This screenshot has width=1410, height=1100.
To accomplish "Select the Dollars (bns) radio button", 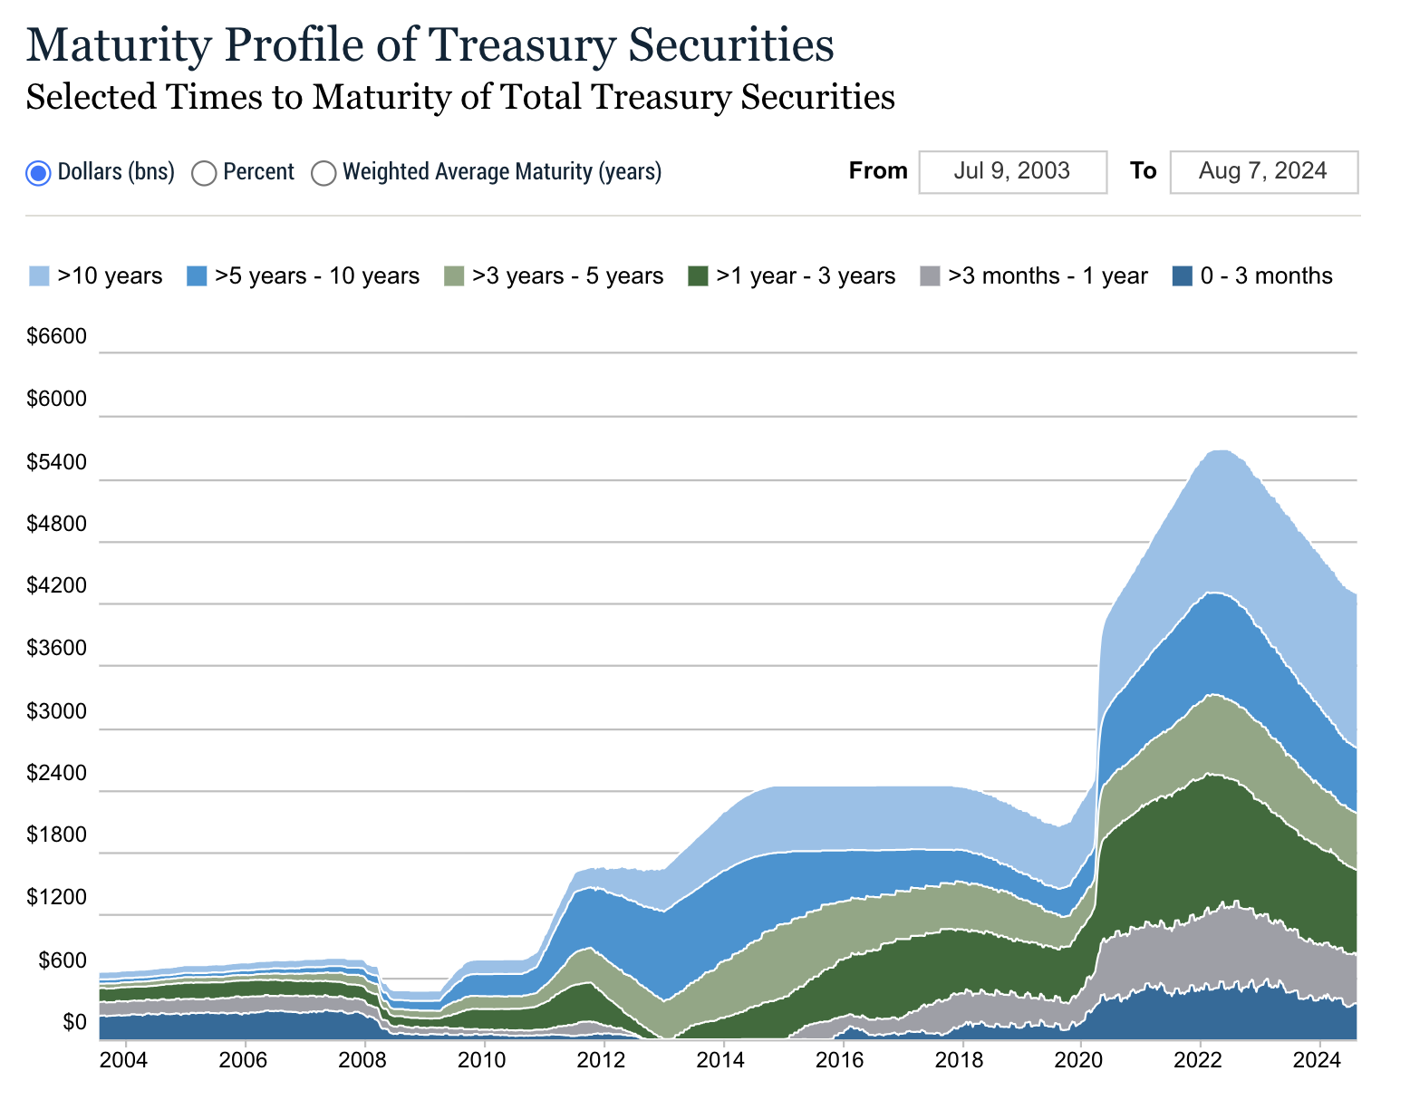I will (38, 172).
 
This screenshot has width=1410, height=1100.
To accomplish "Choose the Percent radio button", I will (205, 172).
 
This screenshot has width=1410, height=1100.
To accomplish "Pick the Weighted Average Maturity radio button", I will (324, 172).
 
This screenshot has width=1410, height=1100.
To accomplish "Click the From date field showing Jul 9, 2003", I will (1012, 171).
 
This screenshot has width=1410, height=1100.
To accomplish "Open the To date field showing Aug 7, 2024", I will (1263, 171).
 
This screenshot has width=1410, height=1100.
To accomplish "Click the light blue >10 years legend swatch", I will (39, 276).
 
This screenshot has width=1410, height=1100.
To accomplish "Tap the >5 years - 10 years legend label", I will (317, 276).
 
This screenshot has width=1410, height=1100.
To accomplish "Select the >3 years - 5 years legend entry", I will (567, 276).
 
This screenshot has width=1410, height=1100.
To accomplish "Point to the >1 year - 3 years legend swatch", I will (698, 276).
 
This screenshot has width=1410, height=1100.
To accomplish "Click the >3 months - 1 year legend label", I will (1048, 276).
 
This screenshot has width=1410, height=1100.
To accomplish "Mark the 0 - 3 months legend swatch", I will (1182, 276).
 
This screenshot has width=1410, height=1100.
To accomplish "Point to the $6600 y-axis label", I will (56, 337).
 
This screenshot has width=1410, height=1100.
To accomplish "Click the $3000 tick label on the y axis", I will (56, 712).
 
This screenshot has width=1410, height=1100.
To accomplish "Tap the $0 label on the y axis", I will (75, 1023).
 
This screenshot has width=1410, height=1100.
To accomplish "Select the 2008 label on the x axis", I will (363, 1059).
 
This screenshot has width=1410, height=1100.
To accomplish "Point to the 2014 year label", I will (722, 1059).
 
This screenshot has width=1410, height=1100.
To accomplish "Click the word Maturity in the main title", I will (118, 45).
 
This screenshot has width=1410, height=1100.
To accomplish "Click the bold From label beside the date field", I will (878, 171).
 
